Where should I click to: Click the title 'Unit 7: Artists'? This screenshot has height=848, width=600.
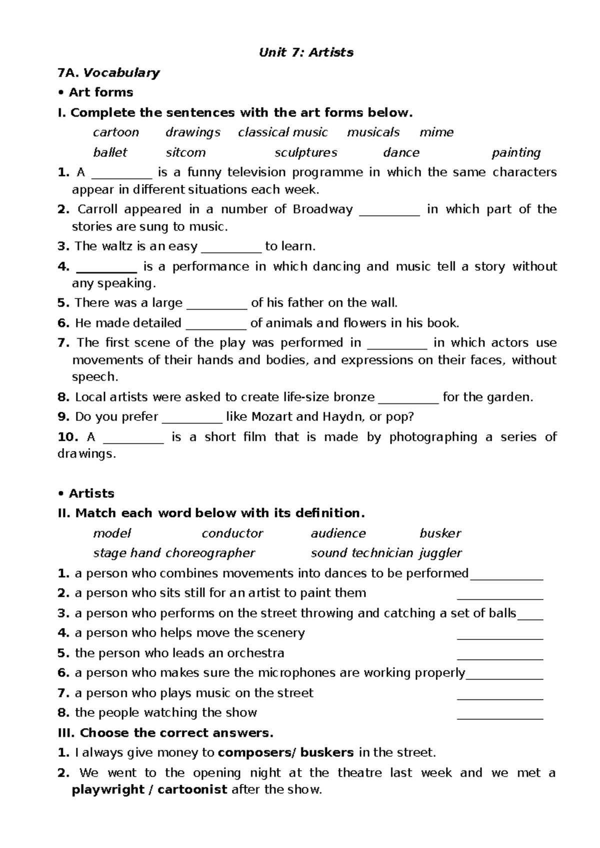click(306, 52)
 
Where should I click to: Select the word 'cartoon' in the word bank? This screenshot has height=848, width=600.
click(116, 132)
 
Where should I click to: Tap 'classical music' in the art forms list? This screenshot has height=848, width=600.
click(283, 132)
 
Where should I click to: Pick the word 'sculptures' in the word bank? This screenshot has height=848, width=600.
click(305, 152)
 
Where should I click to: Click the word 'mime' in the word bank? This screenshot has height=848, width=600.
click(436, 132)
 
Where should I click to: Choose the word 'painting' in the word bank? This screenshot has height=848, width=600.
click(516, 152)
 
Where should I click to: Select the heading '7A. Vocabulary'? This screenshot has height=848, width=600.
click(109, 73)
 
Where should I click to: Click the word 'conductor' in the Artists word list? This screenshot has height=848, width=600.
click(232, 533)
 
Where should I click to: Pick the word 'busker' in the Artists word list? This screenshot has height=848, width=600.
click(440, 533)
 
